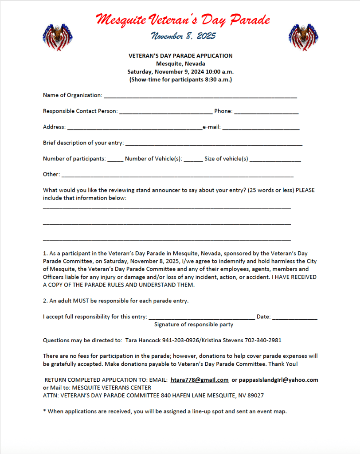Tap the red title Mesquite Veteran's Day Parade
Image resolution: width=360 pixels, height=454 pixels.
tap(183, 20)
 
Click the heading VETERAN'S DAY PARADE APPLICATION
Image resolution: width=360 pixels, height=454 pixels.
tap(180, 56)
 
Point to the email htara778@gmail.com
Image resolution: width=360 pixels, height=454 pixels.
tap(200, 380)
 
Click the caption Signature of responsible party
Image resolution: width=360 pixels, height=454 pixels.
tap(194, 325)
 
